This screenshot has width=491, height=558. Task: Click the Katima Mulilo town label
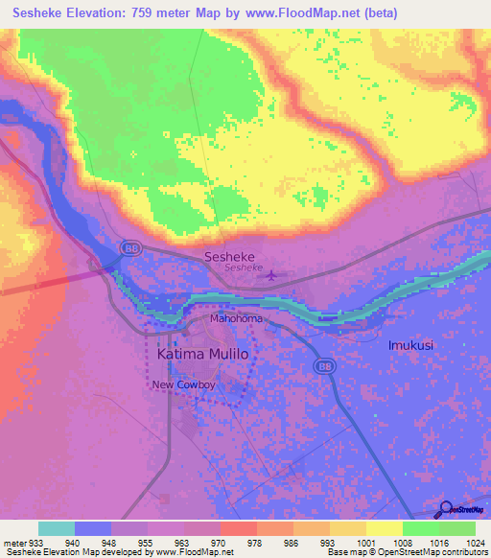click(201, 354)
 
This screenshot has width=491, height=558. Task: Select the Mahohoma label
click(236, 318)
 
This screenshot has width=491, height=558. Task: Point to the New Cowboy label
click(184, 385)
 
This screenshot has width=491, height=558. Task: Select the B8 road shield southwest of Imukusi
click(325, 366)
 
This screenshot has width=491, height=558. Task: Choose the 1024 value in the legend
click(475, 542)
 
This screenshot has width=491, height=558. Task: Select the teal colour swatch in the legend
click(56, 528)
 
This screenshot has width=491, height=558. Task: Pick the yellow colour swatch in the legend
click(384, 528)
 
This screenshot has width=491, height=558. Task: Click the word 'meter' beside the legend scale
click(11, 542)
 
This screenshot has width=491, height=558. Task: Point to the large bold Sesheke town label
click(229, 257)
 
